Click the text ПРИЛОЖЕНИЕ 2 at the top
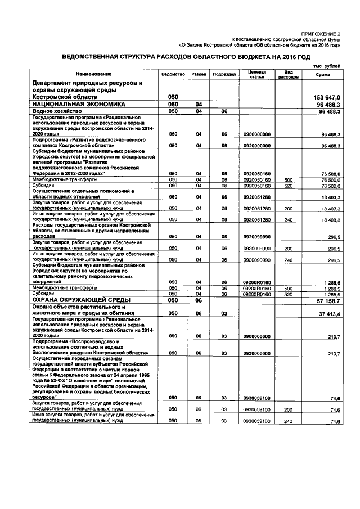click(x=321, y=34)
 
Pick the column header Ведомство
click(x=173, y=74)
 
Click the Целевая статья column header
click(x=257, y=74)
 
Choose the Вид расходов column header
click(x=289, y=74)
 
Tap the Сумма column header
click(x=323, y=74)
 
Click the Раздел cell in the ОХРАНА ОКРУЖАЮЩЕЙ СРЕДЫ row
click(x=198, y=301)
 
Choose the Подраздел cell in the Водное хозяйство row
click(x=223, y=112)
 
